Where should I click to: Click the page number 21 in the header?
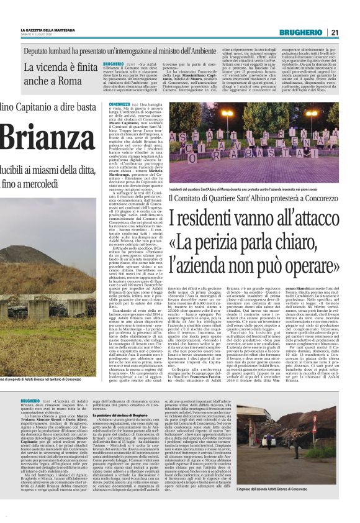(351, 32)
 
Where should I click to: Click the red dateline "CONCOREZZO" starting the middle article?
(120, 106)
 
